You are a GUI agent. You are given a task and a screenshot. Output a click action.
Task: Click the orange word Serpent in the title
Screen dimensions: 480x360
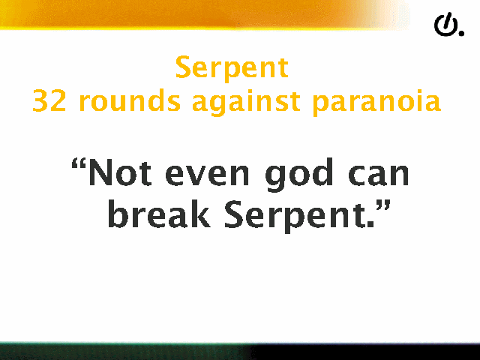232,68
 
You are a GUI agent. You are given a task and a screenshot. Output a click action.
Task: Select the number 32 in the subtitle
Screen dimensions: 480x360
49,100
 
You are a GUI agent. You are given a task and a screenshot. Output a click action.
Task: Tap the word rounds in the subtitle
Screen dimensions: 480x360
130,100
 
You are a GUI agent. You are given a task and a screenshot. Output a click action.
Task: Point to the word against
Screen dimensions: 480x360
246,102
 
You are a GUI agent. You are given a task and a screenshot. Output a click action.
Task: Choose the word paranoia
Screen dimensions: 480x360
376,102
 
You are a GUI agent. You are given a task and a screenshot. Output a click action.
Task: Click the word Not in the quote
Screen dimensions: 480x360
120,172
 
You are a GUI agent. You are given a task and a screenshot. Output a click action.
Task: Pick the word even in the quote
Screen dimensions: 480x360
207,175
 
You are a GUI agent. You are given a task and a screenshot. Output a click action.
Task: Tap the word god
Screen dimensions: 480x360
299,175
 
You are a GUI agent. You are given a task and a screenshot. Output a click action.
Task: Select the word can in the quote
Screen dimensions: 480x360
378,175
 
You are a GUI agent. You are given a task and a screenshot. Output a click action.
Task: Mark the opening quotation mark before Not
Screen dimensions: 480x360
78,165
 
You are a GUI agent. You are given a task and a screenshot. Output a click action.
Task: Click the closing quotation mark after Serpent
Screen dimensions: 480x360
383,207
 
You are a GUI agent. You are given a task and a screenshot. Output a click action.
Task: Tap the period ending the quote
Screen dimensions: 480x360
370,223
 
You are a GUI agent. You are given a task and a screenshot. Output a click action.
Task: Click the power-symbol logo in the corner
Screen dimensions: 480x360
446,25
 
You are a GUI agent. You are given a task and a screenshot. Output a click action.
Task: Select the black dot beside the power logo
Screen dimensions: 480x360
461,33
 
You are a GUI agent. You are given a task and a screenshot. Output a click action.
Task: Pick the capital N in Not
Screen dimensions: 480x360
100,172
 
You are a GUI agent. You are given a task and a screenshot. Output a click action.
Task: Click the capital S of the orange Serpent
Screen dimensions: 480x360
183,67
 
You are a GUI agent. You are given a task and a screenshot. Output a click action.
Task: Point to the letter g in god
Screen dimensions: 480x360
276,178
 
